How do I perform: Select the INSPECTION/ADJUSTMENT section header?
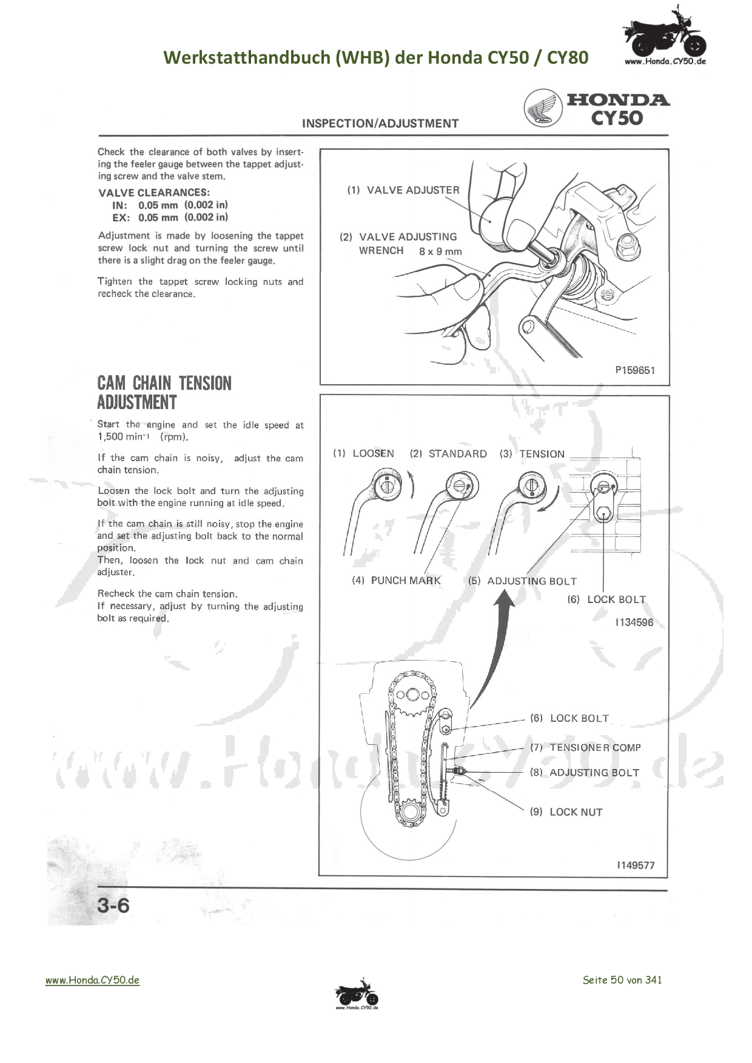(380, 124)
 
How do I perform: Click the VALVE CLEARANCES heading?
(154, 193)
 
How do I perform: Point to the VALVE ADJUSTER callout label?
(403, 190)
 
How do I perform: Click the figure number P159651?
(635, 370)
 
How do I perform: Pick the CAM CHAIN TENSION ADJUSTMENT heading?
(164, 392)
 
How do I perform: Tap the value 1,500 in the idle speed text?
(110, 437)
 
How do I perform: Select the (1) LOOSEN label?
(363, 453)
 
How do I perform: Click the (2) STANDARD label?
(448, 454)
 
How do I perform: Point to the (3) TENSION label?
(532, 454)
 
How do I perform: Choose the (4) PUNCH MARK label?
(397, 581)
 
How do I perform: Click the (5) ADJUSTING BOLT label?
(522, 581)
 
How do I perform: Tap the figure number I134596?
(634, 622)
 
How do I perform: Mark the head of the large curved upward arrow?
(504, 599)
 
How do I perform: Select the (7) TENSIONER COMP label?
(585, 748)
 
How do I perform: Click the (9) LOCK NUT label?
(566, 812)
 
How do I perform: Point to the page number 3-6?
(113, 905)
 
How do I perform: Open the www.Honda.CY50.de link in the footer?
(92, 980)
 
